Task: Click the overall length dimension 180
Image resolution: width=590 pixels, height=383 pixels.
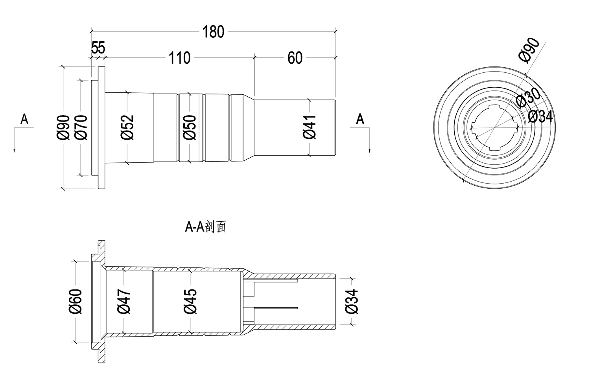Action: tap(213, 32)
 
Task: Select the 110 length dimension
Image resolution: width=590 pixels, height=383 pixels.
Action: tap(179, 58)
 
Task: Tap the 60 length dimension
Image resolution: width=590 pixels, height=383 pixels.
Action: tap(295, 58)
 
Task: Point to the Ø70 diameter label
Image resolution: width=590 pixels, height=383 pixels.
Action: tap(80, 127)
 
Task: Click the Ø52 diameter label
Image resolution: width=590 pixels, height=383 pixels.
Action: tap(127, 127)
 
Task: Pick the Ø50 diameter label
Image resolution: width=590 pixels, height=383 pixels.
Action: tap(190, 127)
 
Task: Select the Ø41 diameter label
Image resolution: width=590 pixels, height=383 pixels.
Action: tap(310, 127)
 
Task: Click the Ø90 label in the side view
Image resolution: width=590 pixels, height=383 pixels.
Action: tap(63, 127)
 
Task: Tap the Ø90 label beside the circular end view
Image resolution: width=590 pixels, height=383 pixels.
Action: tap(529, 50)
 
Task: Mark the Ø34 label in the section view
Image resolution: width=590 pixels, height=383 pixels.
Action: tap(352, 301)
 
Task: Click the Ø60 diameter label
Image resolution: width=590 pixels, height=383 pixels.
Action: tap(75, 301)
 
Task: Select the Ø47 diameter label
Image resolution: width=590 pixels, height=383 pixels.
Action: tap(124, 301)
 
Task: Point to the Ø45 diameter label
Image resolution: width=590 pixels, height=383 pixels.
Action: tap(190, 301)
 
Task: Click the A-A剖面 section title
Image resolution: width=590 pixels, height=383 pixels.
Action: tap(205, 227)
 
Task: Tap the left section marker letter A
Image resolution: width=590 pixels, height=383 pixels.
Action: tap(24, 119)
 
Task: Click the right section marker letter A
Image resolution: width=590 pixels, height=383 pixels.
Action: tap(360, 119)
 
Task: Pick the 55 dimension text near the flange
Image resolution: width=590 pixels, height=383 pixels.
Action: tap(98, 48)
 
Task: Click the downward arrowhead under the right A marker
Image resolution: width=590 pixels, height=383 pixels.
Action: tap(370, 150)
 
